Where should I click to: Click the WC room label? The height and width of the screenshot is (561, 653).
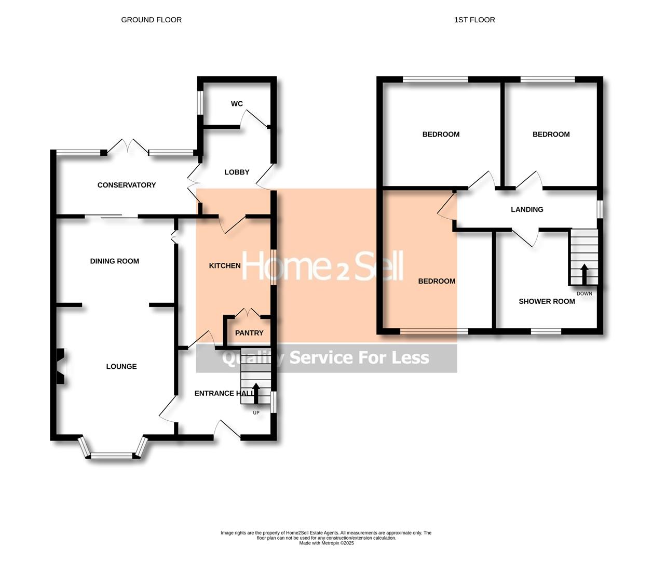[x=237, y=104]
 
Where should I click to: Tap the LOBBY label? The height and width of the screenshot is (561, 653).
[x=237, y=172]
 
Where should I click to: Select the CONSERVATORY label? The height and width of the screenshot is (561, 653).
[x=127, y=185]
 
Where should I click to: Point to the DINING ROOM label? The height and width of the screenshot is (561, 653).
[x=115, y=261]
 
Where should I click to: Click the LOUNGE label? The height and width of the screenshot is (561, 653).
[x=121, y=366]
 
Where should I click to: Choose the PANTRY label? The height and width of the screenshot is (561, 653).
[x=249, y=333]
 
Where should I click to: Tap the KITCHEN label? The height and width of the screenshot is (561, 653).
[x=225, y=265]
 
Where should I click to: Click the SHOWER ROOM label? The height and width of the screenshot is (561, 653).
[x=547, y=301]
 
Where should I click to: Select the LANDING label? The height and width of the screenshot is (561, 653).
[x=527, y=209]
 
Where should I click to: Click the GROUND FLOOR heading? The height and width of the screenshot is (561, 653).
[x=151, y=20]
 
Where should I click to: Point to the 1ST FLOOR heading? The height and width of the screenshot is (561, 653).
[x=474, y=20]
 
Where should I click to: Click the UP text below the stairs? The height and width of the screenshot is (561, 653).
[x=256, y=413]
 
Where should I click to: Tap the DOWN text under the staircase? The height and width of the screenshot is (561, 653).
[x=584, y=293]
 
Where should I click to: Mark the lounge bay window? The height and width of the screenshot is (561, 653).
[x=113, y=455]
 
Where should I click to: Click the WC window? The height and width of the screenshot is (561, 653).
[x=200, y=103]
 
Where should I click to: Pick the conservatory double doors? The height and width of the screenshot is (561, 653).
[x=129, y=146]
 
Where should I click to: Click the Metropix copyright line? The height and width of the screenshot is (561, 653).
[x=326, y=543]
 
